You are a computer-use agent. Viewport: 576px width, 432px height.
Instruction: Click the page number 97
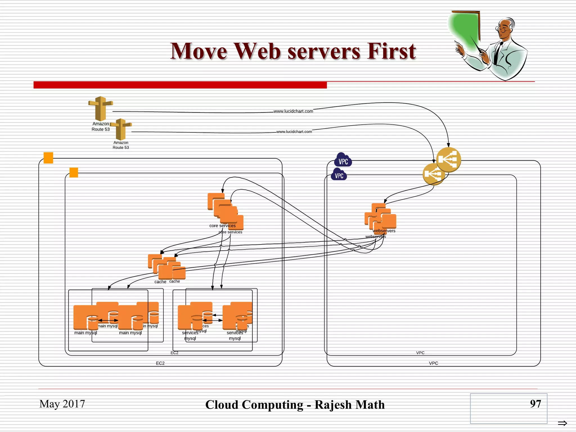coord(535,404)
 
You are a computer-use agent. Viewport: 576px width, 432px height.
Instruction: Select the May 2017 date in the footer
coord(62,404)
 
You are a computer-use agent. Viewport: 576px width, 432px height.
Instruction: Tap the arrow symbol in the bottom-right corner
coord(562,423)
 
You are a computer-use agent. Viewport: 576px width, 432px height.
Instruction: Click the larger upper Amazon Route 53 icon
coord(100,108)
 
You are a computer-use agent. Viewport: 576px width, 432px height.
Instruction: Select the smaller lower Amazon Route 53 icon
coord(121,129)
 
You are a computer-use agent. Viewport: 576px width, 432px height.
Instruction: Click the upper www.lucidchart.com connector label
coord(293,111)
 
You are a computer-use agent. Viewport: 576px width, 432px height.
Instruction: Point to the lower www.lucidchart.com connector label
coord(294,132)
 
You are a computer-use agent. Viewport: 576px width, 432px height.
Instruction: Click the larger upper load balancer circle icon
coord(448,159)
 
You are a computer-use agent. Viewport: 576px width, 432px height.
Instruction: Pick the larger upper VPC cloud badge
coord(343,160)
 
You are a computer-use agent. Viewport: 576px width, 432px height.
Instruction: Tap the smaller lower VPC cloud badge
coord(339,175)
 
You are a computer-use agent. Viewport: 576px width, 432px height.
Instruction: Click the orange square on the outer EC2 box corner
coord(48,158)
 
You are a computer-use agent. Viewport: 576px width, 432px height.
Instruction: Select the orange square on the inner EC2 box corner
coord(74,172)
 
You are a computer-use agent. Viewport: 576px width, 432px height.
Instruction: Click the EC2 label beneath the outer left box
coord(160,363)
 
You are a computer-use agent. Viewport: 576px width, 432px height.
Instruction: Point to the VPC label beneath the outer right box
coord(433,363)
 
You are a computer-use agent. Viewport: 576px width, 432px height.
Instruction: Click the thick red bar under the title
coord(180,85)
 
